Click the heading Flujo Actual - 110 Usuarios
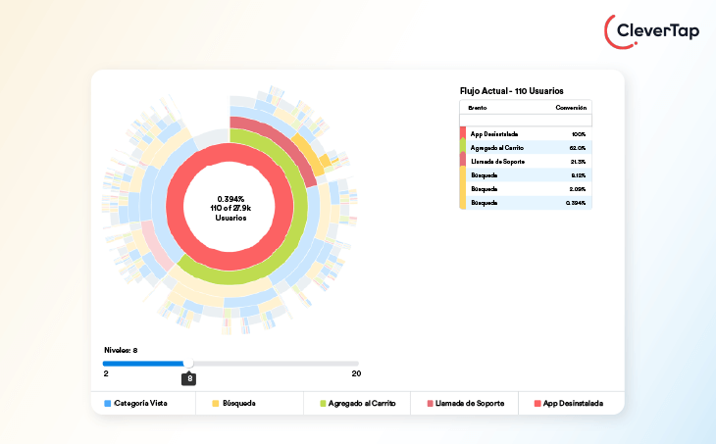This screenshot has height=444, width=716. [x=511, y=90]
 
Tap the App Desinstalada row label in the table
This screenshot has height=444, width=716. [x=494, y=133]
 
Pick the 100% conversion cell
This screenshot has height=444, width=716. [x=578, y=133]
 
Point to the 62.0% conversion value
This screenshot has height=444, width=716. [x=577, y=147]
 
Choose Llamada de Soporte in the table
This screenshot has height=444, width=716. [x=496, y=161]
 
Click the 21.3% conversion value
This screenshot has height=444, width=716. [x=577, y=161]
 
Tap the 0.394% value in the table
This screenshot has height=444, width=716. [x=576, y=203]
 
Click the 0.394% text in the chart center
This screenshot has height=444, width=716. [x=231, y=198]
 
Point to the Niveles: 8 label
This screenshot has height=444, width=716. [x=122, y=349]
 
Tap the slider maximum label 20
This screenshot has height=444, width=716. [x=356, y=373]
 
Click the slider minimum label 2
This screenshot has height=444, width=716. [x=106, y=373]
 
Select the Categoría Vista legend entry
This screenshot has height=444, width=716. [x=140, y=403]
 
